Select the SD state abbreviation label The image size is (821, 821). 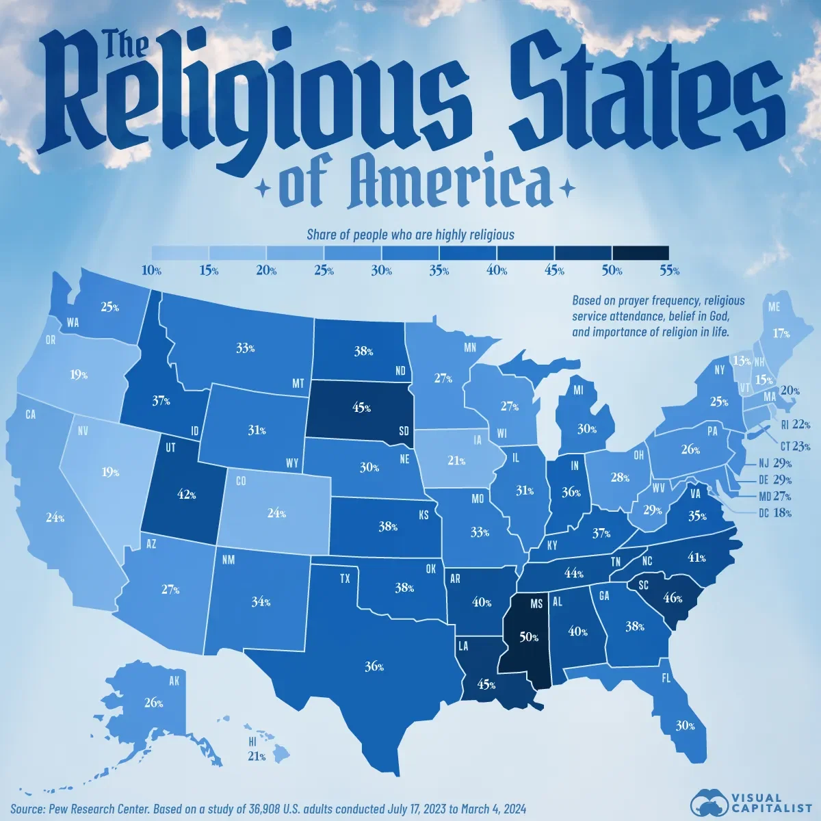click(404, 432)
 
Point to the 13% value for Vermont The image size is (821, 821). click(736, 361)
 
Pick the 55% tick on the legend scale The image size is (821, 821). click(669, 271)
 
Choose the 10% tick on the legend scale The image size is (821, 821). click(151, 271)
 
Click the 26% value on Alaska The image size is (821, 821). click(153, 702)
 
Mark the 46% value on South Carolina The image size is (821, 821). click(673, 597)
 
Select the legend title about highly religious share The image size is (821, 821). click(410, 235)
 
